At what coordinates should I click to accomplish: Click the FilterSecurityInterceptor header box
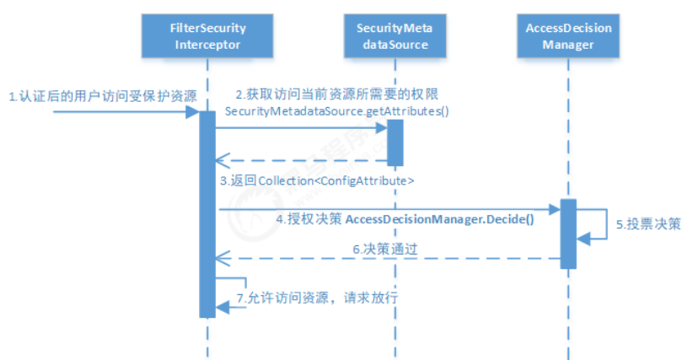tap(208, 36)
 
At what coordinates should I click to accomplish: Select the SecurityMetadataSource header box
tap(394, 36)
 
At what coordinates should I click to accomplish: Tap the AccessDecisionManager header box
tap(568, 36)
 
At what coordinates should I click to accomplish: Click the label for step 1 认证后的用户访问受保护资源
tap(102, 96)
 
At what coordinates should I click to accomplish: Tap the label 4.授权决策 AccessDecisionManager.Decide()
tap(405, 219)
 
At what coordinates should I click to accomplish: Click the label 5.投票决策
tap(646, 225)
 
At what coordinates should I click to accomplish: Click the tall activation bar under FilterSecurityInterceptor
tap(207, 211)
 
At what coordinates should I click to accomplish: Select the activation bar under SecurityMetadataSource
tap(394, 142)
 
